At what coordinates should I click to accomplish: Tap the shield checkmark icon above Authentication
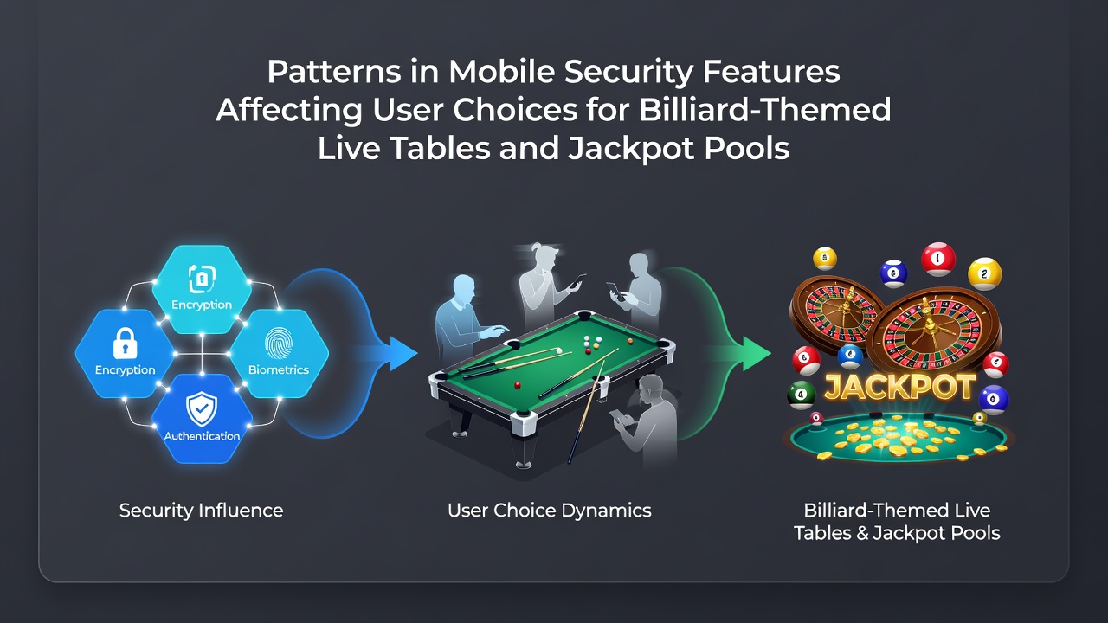[x=202, y=409]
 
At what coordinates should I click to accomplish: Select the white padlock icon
[x=126, y=344]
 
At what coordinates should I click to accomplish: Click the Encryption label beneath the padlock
[x=126, y=369]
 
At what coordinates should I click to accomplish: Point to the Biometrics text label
[x=279, y=369]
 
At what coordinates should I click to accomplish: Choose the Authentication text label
[x=202, y=436]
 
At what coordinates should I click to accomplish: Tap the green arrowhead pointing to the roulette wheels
[x=757, y=354]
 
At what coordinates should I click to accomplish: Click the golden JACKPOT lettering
[x=899, y=387]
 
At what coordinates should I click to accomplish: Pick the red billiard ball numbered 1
[x=938, y=259]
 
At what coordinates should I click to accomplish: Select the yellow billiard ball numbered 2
[x=984, y=273]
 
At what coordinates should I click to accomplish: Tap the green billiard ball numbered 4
[x=802, y=395]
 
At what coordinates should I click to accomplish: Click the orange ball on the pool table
[x=630, y=341]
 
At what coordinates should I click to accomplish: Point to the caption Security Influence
[x=202, y=511]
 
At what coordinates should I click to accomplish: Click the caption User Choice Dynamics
[x=550, y=511]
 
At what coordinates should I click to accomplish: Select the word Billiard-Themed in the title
[x=765, y=109]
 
